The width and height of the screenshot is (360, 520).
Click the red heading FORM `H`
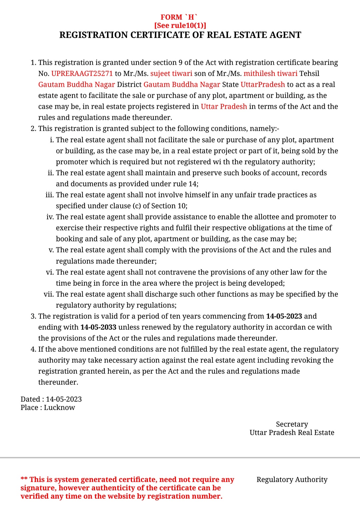point(179,17)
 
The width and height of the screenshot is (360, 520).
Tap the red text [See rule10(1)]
point(180,26)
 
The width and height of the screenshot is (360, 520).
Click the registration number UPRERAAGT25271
point(82,74)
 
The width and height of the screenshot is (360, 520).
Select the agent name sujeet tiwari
point(171,74)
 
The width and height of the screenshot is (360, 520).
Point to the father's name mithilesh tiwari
point(270,74)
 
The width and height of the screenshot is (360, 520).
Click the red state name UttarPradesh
point(263,85)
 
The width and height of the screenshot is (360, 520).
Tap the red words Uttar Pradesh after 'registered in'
point(224,107)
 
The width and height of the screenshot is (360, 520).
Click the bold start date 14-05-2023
point(284,316)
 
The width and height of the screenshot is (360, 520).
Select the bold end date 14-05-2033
point(98,327)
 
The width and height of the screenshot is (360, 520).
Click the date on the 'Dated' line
point(64,399)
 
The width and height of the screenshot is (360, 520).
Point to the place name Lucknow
point(59,408)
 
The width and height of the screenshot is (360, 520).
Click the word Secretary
point(292,424)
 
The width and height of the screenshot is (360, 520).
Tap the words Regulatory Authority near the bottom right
point(292,480)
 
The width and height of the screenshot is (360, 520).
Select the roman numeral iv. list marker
point(50,217)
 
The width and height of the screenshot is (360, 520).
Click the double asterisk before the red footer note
point(24,479)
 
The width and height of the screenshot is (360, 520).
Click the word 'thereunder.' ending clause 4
point(58,382)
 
